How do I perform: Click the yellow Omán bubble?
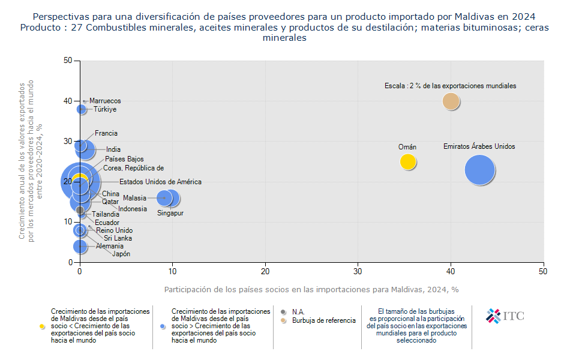408,161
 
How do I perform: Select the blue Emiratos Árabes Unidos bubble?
479,170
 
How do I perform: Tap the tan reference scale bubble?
451,101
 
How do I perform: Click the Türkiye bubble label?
104,109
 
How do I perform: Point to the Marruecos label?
105,101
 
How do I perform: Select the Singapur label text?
170,213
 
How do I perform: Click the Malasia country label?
134,198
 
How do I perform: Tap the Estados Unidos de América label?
160,182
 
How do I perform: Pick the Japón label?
121,254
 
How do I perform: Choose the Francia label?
106,133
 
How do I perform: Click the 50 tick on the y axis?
67,61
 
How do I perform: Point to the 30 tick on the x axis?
358,272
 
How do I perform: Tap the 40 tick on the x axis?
451,272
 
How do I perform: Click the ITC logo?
505,316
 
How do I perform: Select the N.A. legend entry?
298,312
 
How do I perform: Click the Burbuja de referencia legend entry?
323,320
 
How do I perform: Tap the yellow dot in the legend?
42,326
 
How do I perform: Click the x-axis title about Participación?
311,289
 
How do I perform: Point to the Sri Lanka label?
118,238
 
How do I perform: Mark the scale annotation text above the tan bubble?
450,86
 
